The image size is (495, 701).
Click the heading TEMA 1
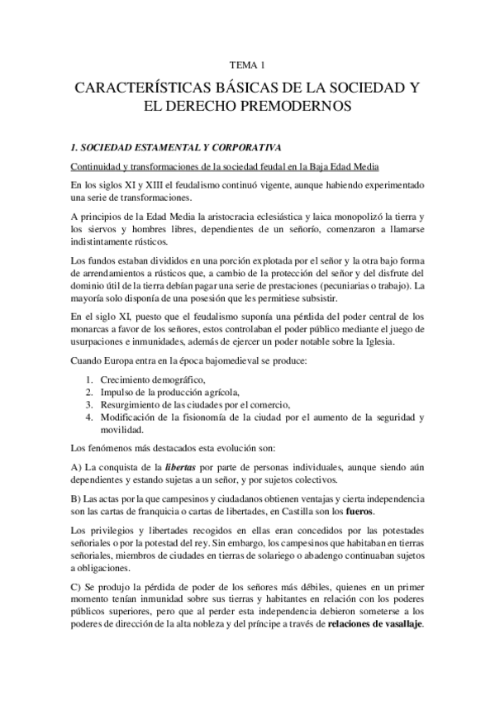pos(247,64)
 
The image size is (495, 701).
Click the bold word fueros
pos(358,510)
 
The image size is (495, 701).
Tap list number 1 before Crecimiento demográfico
pos(91,379)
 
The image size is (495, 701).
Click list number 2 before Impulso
pos(91,392)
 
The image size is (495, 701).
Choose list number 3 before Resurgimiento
pos(91,405)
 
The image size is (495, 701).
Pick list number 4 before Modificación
pos(91,417)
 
